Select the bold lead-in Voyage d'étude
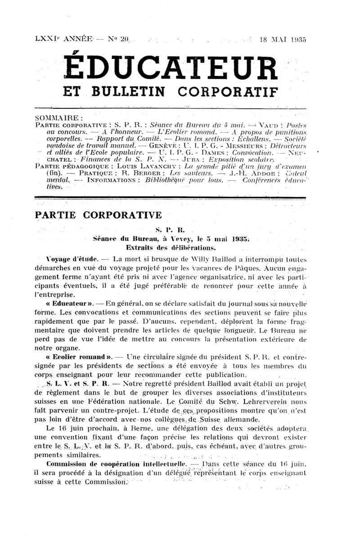[72, 260]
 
